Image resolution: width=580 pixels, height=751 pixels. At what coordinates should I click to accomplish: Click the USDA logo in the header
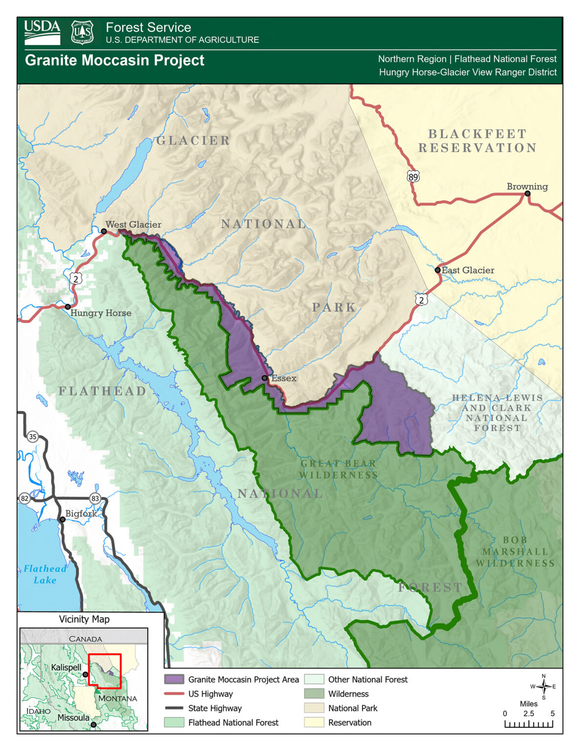(42, 32)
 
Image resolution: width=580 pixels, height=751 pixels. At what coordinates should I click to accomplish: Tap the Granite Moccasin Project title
(114, 60)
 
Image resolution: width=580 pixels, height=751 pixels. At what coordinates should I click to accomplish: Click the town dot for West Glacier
(104, 231)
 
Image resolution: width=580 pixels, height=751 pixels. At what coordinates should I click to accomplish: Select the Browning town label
(527, 186)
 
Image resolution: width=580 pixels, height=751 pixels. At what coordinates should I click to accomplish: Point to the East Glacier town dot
(438, 270)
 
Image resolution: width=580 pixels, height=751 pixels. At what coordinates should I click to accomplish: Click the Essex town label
(284, 378)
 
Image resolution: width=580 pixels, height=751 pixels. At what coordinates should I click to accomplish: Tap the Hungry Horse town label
(101, 313)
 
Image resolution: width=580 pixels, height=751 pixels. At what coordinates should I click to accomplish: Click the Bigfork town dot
(63, 519)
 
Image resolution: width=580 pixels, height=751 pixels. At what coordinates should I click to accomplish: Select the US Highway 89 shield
(413, 177)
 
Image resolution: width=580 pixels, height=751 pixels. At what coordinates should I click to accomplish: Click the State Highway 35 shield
(33, 437)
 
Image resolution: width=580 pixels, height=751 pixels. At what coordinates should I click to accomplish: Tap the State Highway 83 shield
(95, 499)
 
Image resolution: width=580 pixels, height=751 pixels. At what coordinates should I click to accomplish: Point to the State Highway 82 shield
(24, 498)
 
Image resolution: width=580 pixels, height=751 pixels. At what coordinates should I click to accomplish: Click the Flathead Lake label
(45, 574)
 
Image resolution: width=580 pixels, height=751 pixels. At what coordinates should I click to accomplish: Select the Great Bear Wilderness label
(338, 469)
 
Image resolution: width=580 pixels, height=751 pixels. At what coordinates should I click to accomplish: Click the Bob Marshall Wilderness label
(515, 552)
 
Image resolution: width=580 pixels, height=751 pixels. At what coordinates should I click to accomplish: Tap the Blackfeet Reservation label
(477, 141)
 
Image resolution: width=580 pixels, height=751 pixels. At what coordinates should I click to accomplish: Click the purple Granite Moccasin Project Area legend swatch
(174, 680)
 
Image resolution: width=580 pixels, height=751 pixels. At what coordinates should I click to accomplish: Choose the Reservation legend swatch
(314, 723)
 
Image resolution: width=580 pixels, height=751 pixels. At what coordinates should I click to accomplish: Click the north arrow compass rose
(543, 686)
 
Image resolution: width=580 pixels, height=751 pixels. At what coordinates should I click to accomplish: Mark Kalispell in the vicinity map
(66, 667)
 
